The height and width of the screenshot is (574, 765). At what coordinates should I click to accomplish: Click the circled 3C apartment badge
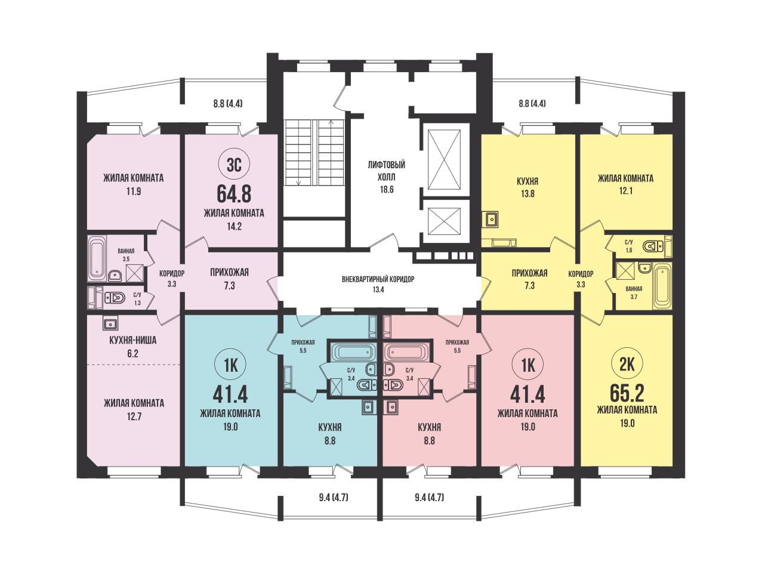234,165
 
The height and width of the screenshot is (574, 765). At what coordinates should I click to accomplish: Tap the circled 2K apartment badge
627,365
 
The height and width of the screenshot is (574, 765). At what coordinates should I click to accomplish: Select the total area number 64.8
234,194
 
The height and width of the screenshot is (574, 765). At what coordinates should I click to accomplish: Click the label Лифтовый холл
387,171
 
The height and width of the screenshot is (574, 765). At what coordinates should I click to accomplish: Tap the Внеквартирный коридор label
378,279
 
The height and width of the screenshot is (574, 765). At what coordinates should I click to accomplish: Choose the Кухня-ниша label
133,340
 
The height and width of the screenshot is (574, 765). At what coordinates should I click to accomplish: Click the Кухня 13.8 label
528,187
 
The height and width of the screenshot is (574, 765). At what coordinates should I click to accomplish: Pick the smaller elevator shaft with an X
444,221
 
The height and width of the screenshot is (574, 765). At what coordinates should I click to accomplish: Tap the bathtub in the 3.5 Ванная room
97,258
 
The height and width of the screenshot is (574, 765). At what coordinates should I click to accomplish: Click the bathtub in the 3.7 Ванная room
662,286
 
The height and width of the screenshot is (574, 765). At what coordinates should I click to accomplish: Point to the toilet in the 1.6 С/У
652,247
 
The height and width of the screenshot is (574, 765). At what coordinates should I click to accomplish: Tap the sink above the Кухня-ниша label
111,323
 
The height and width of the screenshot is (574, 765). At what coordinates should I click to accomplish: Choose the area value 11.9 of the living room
134,192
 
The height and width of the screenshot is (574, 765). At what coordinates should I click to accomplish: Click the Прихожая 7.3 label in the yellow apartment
529,279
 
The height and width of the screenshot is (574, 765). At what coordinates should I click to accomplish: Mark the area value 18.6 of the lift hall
387,190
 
